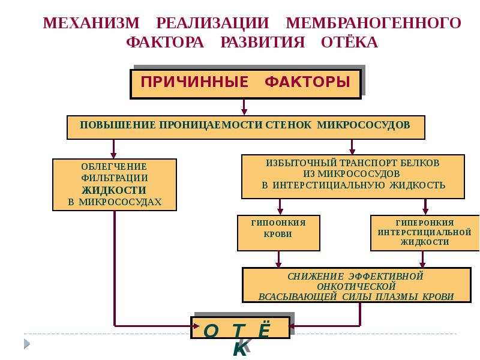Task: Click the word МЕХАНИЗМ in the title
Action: coord(92,23)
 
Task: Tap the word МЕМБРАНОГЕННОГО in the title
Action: coord(373,23)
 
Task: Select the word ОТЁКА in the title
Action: coord(349,43)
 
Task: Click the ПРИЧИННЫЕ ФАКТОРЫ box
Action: coord(245,83)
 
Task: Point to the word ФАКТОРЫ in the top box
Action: coord(308,82)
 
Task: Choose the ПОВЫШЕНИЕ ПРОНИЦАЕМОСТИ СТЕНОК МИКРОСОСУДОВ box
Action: coord(245,127)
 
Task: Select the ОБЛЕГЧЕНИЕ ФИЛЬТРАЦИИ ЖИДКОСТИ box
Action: coord(115,184)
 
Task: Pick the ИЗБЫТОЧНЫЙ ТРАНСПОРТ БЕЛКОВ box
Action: coord(353,176)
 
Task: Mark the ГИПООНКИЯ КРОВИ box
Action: coord(278,233)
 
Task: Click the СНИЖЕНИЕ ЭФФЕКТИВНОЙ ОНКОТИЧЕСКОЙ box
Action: coord(355,285)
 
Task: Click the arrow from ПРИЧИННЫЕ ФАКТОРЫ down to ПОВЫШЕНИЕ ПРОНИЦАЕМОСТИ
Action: coord(244,107)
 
